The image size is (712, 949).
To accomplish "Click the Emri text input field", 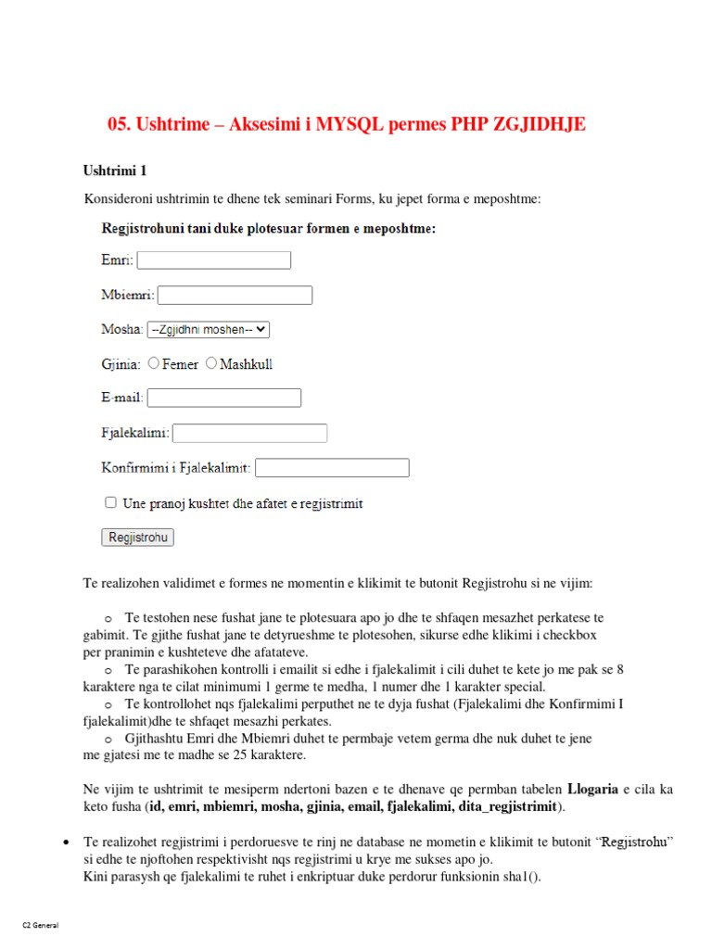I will click(213, 260).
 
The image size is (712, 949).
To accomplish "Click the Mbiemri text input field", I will click(235, 296).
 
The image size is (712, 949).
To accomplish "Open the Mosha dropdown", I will click(208, 329).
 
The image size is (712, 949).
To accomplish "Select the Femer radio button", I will click(154, 363).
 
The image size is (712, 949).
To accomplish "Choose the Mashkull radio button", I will click(211, 363).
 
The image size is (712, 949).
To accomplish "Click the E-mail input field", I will click(224, 398).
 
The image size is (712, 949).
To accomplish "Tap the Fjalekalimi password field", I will click(249, 433).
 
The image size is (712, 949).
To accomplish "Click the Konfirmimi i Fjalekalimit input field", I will click(331, 468).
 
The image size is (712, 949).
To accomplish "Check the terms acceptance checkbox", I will click(110, 502).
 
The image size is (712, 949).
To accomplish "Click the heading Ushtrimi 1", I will click(115, 171).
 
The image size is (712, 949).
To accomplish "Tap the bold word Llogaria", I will click(592, 789).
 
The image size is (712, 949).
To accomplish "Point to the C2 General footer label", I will click(40, 925).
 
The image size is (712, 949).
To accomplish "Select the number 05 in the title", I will click(118, 124).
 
